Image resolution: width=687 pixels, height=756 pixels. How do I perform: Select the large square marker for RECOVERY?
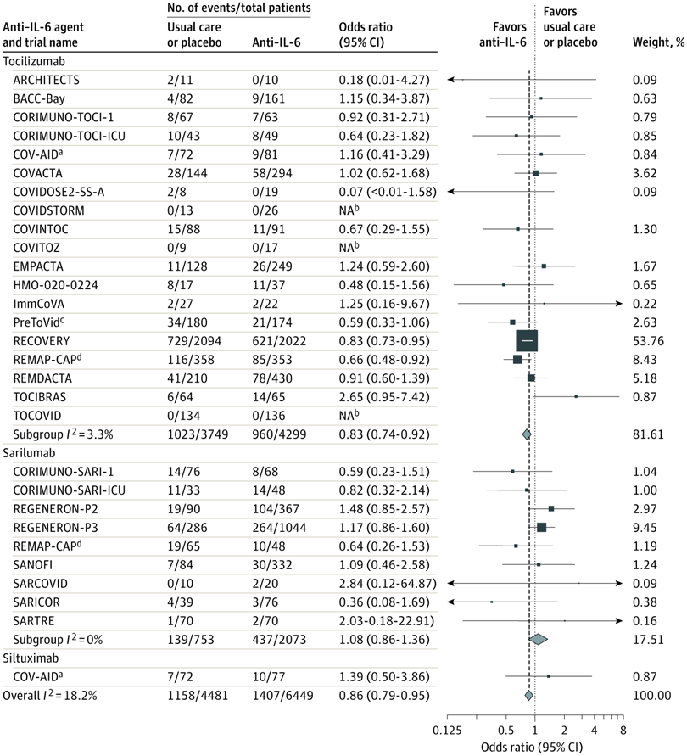527,340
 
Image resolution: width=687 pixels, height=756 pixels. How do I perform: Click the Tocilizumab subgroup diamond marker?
527,434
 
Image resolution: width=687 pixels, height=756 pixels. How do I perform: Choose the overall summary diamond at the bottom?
528,695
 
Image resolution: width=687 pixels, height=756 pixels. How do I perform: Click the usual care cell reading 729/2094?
196,340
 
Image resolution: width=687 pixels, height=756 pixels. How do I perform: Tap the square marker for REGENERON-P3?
541,527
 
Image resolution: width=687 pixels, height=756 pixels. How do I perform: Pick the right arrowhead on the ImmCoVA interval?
619,303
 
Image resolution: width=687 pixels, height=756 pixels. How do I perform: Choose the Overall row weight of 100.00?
651,695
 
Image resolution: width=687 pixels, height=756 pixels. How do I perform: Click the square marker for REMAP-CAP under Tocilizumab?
517,359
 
